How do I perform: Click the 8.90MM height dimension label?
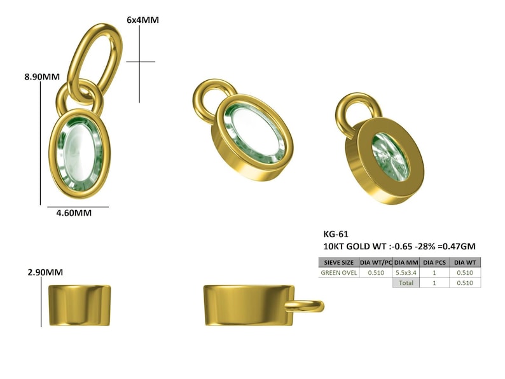42,77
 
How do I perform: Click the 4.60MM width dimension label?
74,213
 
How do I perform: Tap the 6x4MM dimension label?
142,20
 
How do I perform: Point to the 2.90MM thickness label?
45,272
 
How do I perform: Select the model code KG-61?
336,234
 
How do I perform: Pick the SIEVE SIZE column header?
339,263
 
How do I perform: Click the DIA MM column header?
406,263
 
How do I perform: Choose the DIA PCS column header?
434,263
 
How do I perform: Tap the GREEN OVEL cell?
339,273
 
